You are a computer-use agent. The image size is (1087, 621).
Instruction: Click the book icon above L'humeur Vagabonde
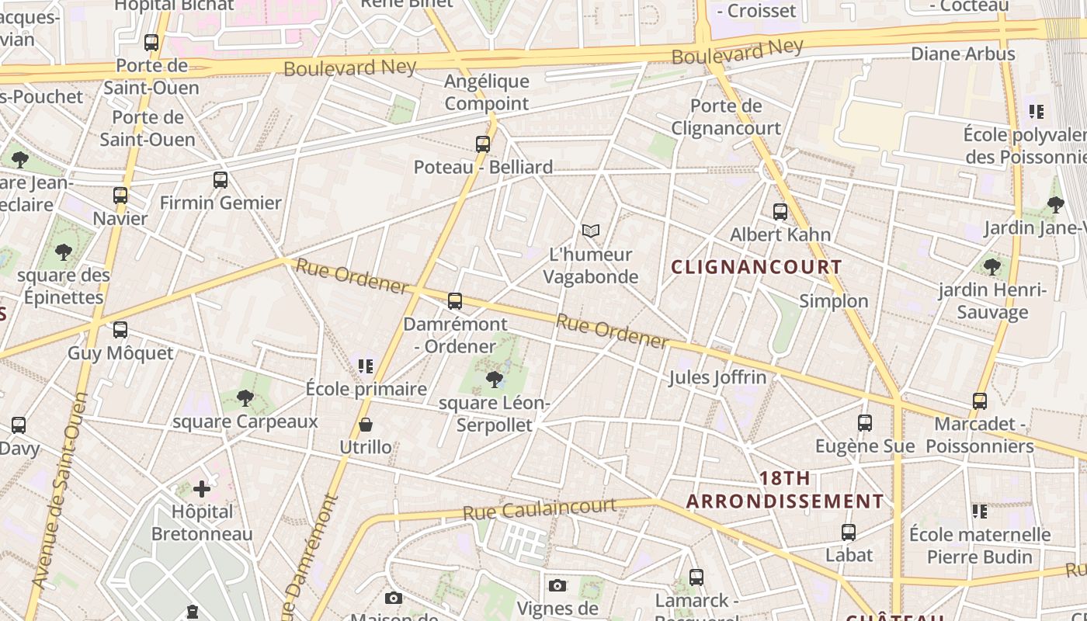(591, 231)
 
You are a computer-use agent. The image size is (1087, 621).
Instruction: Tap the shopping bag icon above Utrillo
(366, 425)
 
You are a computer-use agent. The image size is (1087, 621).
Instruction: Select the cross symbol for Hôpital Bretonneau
(202, 489)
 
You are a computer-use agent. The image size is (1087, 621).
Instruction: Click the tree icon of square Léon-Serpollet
(494, 379)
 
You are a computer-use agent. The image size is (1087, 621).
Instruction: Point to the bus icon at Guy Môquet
(120, 330)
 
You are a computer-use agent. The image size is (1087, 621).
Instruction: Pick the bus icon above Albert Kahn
(780, 211)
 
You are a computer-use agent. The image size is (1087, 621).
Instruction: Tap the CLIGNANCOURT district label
(756, 267)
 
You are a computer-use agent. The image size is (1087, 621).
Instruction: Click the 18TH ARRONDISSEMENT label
(785, 490)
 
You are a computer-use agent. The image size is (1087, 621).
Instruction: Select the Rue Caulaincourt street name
(540, 509)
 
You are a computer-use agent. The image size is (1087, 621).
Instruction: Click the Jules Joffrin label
(717, 378)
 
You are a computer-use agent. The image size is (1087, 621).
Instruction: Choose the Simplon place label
(834, 301)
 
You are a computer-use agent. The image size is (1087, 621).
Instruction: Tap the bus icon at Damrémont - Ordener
(455, 301)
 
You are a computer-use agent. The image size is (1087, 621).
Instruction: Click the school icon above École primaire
(366, 366)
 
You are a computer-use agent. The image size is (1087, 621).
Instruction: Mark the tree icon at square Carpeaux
(245, 398)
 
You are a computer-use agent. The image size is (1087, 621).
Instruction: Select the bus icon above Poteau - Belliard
(483, 144)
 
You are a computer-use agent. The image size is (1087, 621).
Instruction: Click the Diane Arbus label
(963, 54)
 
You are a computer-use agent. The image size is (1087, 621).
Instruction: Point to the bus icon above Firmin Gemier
(221, 180)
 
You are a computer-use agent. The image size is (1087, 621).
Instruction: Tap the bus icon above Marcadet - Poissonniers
(980, 401)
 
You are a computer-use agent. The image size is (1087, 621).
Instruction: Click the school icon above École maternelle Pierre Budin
(980, 512)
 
